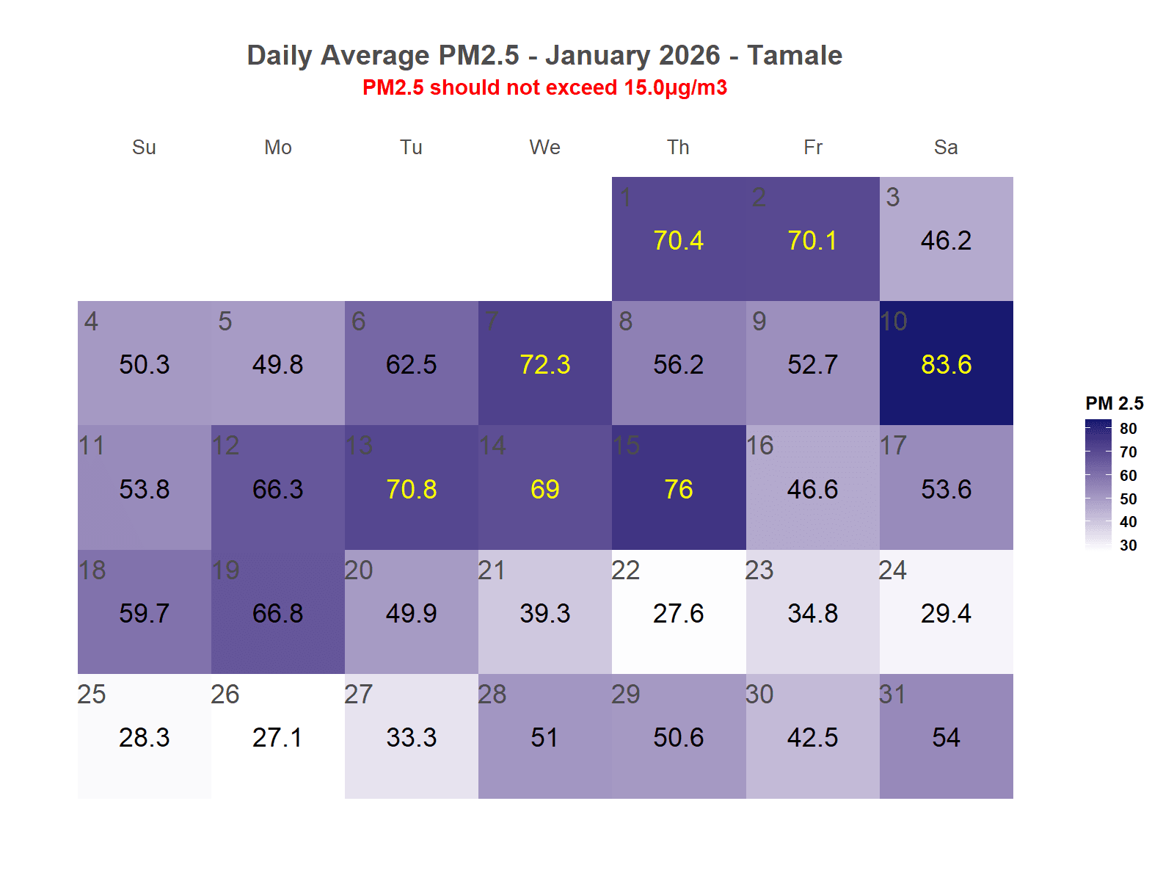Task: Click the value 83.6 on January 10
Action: (x=946, y=365)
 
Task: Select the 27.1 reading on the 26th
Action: (x=277, y=738)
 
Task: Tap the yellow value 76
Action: (x=678, y=490)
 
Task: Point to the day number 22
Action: (x=626, y=570)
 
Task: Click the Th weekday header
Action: (x=678, y=148)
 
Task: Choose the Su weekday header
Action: (x=144, y=148)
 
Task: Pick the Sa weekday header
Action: (x=946, y=148)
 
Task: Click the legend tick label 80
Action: (x=1129, y=429)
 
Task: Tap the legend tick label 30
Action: (x=1129, y=545)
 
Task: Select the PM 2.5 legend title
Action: (x=1114, y=403)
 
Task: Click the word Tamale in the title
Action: (x=795, y=56)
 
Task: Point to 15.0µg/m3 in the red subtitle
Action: (x=675, y=88)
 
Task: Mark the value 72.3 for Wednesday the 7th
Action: (x=544, y=365)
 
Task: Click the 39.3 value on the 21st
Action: (x=544, y=614)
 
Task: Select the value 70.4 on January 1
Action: (x=678, y=241)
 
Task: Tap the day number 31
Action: (x=892, y=695)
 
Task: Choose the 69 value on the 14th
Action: (x=544, y=490)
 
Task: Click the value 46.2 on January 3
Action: (x=946, y=241)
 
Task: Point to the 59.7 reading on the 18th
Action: (x=144, y=614)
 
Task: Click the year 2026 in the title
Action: (x=690, y=56)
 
